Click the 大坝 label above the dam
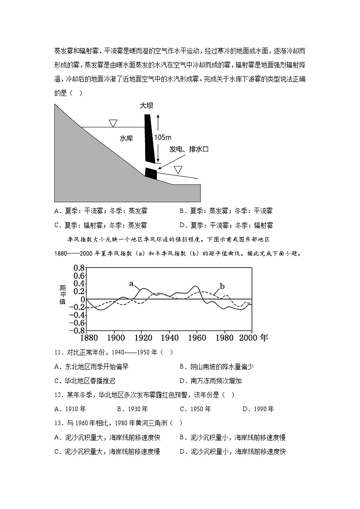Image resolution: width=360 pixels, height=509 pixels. [147, 106]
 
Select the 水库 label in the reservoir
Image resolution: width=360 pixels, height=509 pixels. [126, 138]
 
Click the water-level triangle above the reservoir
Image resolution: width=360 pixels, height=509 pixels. [113, 123]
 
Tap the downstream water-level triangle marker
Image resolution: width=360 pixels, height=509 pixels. [178, 170]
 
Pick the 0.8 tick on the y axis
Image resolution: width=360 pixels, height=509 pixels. [79, 267]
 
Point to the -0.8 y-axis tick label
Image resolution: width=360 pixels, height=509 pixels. [77, 331]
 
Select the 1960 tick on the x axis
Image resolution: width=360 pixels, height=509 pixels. [197, 338]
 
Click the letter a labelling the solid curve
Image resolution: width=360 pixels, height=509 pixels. [131, 284]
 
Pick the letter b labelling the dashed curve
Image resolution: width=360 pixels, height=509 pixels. [222, 286]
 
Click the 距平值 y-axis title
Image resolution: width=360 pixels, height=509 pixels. [63, 295]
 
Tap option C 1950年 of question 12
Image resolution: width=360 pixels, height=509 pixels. [195, 409]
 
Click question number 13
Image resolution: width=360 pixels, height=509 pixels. [58, 423]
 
